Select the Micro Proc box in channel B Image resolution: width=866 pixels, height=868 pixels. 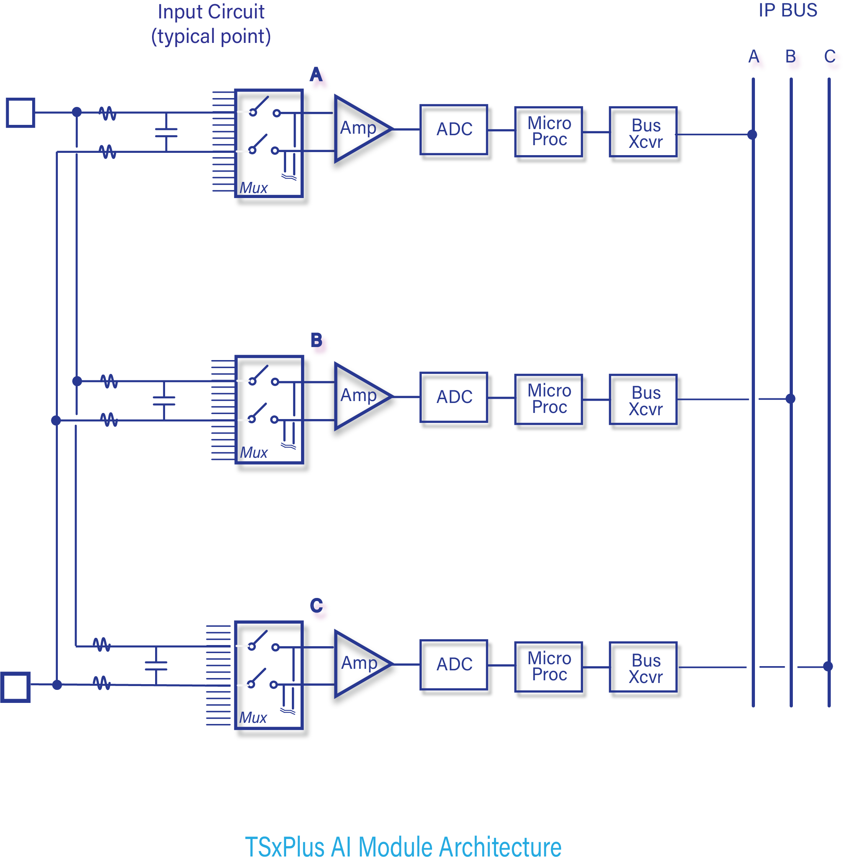pos(549,399)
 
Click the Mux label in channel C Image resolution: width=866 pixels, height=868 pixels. pos(253,717)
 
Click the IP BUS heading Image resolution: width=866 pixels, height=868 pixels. pos(787,10)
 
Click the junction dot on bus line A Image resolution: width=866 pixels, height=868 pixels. pos(752,134)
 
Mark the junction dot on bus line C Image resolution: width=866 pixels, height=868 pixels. pos(828,666)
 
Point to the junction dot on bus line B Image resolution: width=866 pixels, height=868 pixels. pos(791,398)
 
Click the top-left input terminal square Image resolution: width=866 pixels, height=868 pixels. pos(20,112)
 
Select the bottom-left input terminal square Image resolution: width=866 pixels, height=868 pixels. pos(15,687)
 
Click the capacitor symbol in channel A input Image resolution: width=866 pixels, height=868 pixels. pos(166,132)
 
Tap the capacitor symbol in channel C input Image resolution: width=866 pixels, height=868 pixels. pos(156,665)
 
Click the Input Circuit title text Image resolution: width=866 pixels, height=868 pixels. pos(211,24)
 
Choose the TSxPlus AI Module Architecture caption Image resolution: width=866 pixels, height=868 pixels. pos(403,847)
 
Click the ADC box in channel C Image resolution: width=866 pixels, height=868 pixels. pos(455,665)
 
